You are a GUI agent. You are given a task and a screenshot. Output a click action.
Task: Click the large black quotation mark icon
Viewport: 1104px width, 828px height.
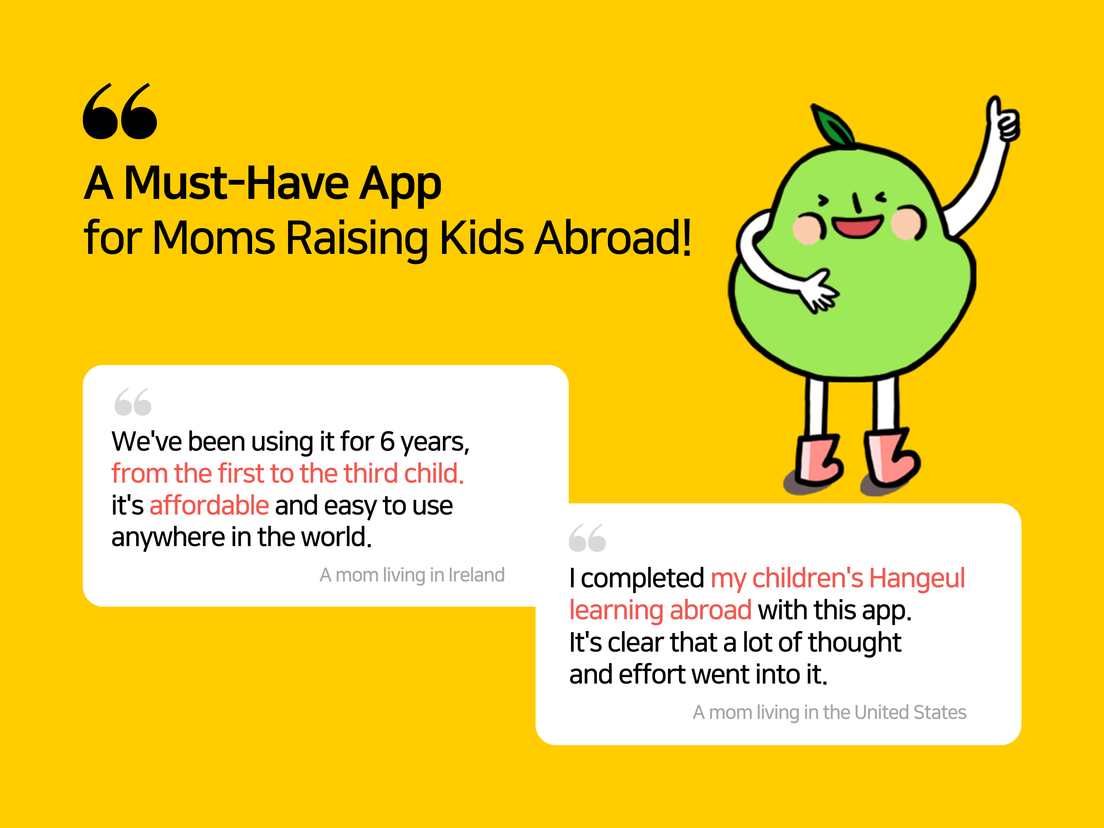point(120,111)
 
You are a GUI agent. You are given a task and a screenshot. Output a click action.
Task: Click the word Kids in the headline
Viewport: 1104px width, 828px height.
point(482,238)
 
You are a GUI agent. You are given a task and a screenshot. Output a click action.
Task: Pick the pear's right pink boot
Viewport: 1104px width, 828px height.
point(891,457)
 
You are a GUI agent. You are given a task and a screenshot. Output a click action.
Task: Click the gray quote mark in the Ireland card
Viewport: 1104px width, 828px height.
point(133,401)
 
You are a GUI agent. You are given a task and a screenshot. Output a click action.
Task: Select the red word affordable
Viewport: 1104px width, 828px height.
point(209,505)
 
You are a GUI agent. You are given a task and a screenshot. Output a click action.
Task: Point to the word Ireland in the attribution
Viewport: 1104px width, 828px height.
point(477,575)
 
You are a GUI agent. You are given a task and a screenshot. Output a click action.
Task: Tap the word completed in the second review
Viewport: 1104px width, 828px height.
point(643,578)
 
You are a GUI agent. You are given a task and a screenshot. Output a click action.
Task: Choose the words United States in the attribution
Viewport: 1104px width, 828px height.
point(910,712)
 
